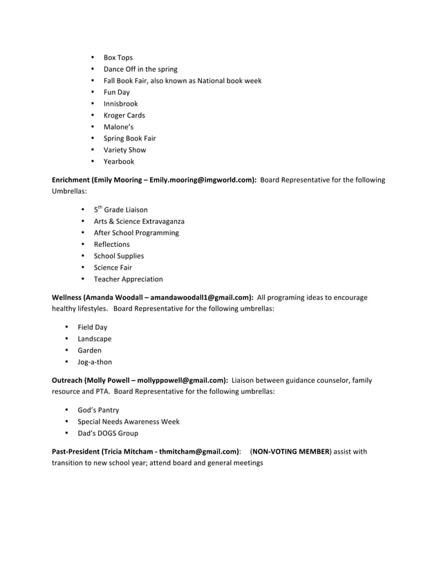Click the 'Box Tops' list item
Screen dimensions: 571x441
point(118,57)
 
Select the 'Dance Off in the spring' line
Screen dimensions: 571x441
point(140,69)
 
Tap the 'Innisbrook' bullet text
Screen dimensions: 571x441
point(120,104)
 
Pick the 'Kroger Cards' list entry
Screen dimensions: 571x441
point(124,115)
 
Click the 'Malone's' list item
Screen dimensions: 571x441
point(118,127)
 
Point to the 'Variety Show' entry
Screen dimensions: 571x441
point(124,150)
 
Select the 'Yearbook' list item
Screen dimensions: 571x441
point(119,162)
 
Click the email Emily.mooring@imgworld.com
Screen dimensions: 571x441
point(202,180)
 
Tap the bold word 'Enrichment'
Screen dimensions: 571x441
point(71,180)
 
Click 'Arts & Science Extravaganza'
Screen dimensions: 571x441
point(139,221)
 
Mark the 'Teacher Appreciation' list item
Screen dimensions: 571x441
point(129,279)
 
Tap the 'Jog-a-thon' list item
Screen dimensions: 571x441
point(95,362)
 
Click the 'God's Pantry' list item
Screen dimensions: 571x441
point(98,410)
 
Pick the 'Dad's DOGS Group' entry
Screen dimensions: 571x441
point(107,433)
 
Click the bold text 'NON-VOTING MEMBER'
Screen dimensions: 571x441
point(290,451)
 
